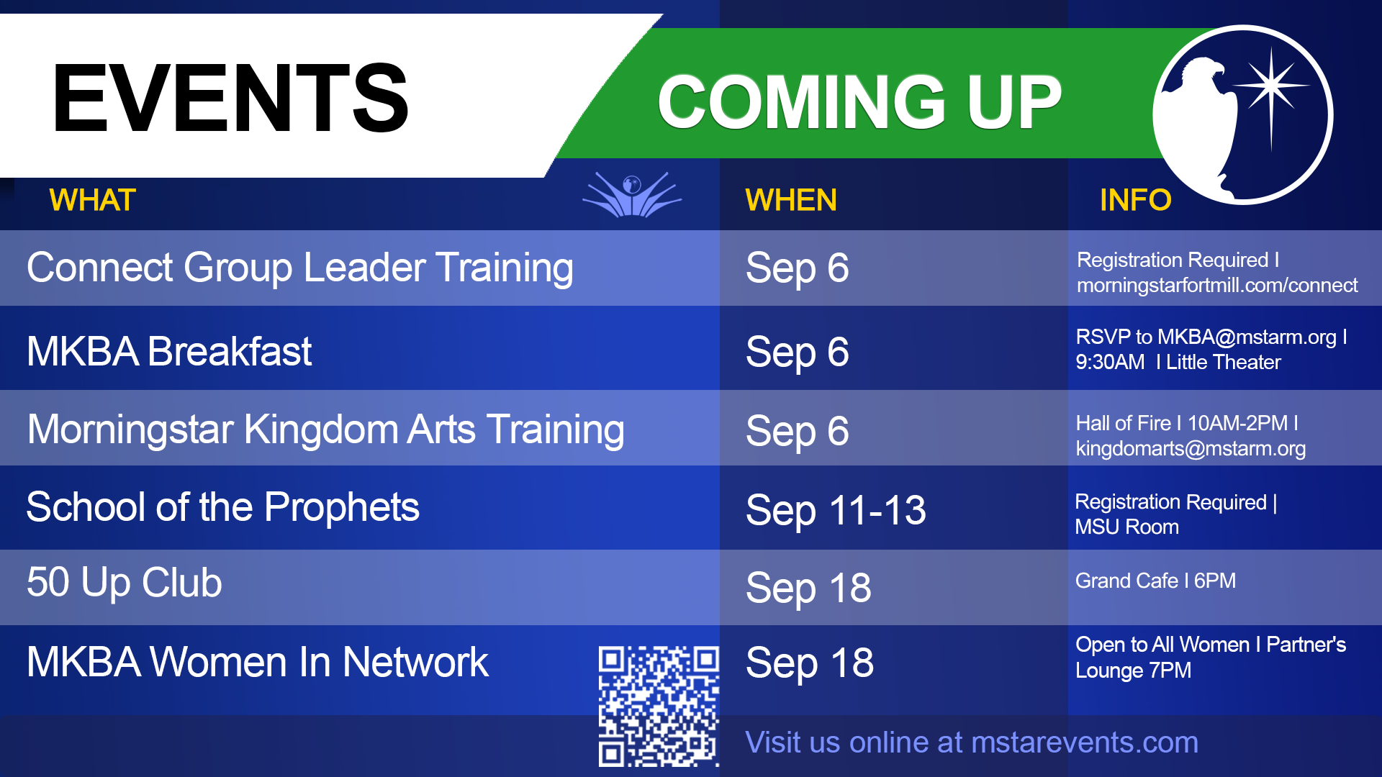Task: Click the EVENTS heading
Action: tap(230, 98)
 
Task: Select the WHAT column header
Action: tap(92, 200)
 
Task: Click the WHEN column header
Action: tap(791, 200)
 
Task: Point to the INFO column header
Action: tap(1135, 200)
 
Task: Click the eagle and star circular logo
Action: tap(1243, 115)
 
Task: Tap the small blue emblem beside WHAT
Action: tap(632, 194)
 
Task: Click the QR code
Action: tap(659, 706)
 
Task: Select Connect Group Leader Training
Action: tap(300, 268)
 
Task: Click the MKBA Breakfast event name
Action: tap(169, 352)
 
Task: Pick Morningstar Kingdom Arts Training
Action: tap(325, 430)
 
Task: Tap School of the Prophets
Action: tap(223, 507)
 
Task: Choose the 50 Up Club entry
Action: tap(125, 582)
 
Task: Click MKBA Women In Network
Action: tap(258, 662)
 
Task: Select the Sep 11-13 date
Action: tap(836, 511)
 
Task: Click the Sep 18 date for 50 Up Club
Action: tap(809, 589)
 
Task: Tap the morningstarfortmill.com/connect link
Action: tap(1217, 286)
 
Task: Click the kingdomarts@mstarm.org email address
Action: tap(1191, 449)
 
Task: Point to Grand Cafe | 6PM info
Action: tap(1155, 581)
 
